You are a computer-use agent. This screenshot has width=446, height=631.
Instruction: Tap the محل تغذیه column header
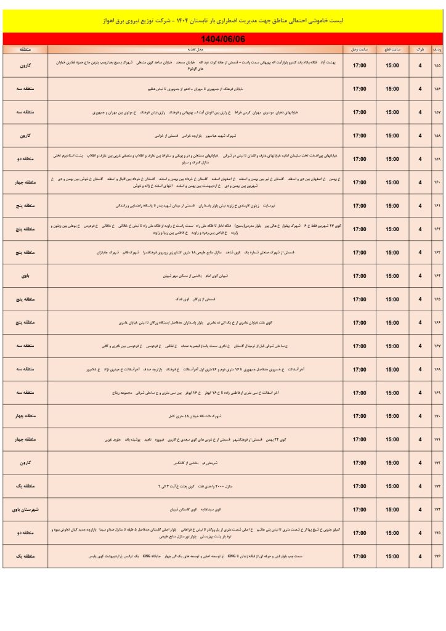click(x=188, y=47)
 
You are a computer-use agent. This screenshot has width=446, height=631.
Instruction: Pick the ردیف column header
click(x=437, y=47)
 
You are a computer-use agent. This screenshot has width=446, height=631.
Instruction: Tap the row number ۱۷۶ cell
click(x=437, y=556)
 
